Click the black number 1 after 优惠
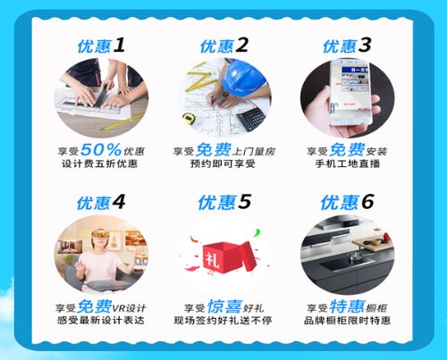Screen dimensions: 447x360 (119, 46)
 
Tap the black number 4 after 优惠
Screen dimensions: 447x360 (119, 203)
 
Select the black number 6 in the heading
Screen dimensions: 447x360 (367, 202)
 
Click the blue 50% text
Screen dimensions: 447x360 (101, 149)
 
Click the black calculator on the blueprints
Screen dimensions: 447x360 (252, 118)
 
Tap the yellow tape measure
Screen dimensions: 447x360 (189, 119)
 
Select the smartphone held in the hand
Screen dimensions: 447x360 (351, 92)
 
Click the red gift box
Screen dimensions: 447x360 (229, 256)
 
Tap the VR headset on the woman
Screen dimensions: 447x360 (100, 233)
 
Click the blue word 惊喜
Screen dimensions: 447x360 (224, 306)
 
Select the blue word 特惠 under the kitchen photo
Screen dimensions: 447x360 (347, 306)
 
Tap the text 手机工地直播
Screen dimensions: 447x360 (348, 164)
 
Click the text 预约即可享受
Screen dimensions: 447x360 (223, 163)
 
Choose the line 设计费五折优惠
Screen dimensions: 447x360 (100, 163)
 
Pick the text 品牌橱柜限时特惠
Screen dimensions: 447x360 (347, 321)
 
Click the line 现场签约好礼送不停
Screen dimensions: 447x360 (223, 321)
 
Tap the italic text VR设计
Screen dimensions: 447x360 (129, 308)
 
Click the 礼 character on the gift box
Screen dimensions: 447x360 (213, 259)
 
